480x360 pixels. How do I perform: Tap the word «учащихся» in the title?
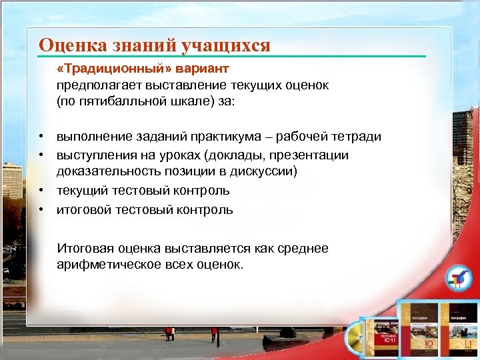pyautogui.click(x=233, y=45)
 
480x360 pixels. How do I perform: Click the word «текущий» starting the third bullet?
pyautogui.click(x=79, y=191)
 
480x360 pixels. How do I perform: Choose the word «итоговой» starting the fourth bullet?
pyautogui.click(x=81, y=210)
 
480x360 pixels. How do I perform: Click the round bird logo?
pyautogui.click(x=456, y=278)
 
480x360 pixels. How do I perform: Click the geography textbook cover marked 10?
pyautogui.click(x=417, y=330)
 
